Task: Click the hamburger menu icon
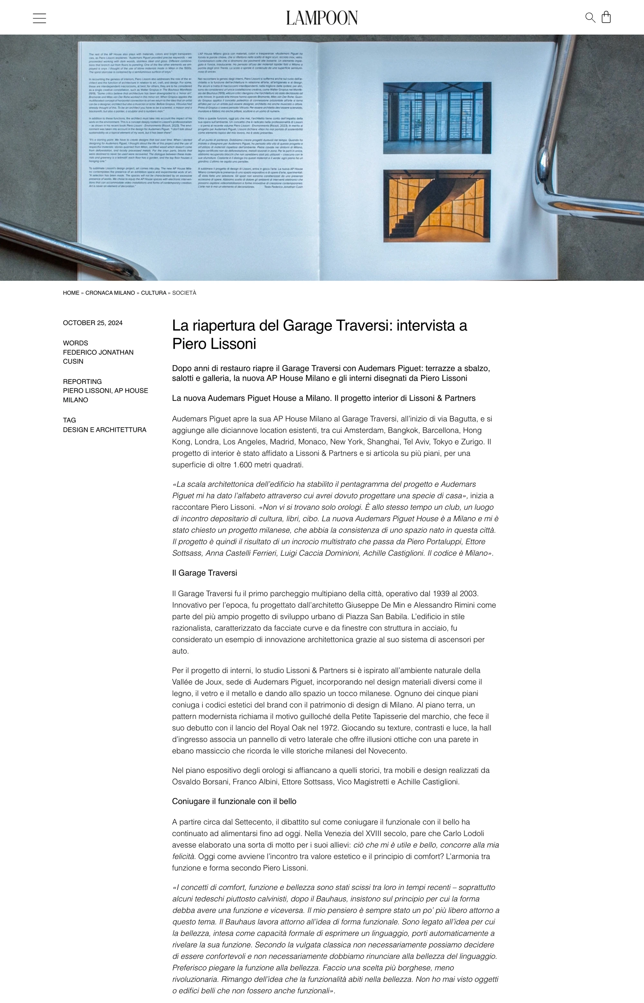[39, 18]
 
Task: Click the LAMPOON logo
[322, 18]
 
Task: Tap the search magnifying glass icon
[590, 18]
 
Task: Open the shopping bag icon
[606, 17]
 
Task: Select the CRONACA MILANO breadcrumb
[110, 293]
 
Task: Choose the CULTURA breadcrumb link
[154, 293]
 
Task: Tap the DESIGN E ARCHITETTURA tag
[105, 430]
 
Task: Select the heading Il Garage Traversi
[204, 573]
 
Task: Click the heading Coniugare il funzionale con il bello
[234, 801]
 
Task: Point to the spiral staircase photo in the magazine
[437, 206]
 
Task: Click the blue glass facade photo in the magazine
[437, 118]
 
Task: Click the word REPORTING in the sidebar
[82, 381]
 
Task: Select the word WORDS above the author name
[76, 343]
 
